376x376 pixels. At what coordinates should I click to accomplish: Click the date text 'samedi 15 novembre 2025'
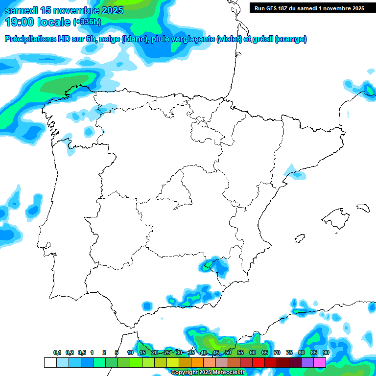pos(64,10)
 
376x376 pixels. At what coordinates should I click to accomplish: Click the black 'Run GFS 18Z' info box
pos(309,8)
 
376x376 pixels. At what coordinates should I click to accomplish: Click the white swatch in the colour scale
pos(50,362)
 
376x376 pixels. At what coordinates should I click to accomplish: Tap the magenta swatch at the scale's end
pos(320,362)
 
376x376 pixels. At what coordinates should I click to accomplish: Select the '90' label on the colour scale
pos(326,352)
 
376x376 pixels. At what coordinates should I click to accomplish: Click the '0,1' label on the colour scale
pos(57,352)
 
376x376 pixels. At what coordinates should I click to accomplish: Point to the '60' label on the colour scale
pos(253,352)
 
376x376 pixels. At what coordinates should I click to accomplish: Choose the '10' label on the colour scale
pos(130,352)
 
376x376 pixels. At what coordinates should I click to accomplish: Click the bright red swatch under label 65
pos(258,362)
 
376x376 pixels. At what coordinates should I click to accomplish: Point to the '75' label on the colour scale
pos(289,352)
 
